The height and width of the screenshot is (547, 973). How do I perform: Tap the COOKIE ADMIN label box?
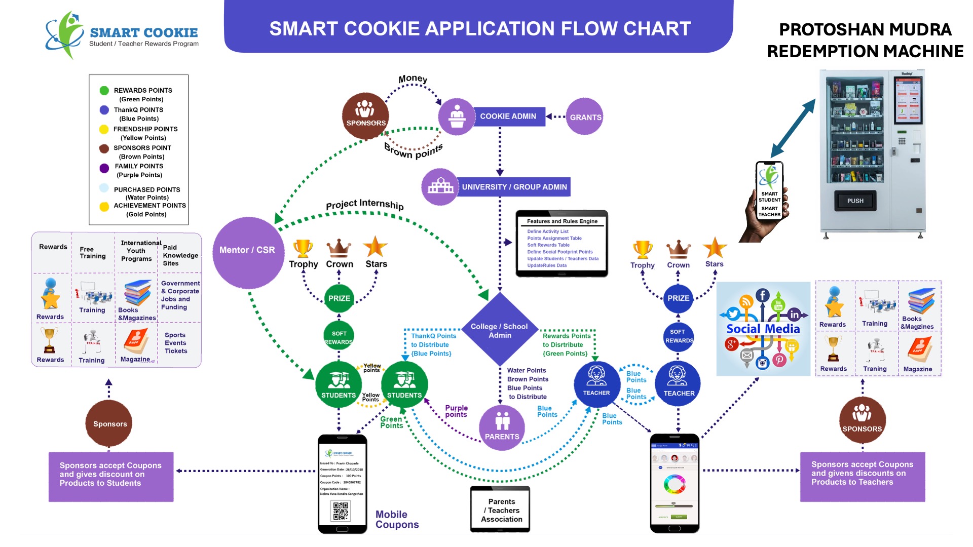(x=508, y=116)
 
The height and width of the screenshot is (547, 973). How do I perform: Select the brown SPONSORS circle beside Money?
(x=365, y=115)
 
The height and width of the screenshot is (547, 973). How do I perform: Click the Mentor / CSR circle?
(x=248, y=252)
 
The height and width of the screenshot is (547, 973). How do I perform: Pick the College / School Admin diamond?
(x=500, y=330)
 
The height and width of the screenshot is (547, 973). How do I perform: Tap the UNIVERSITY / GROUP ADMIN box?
(x=514, y=187)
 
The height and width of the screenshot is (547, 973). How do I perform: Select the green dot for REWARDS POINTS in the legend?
(x=104, y=91)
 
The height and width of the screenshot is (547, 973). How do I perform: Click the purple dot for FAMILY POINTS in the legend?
(x=104, y=168)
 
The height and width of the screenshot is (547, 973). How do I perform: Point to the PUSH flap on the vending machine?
(x=855, y=201)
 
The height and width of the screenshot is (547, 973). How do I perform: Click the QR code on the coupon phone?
(x=341, y=511)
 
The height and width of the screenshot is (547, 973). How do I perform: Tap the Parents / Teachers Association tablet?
(x=501, y=510)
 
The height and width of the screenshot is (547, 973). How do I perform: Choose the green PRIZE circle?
(x=339, y=298)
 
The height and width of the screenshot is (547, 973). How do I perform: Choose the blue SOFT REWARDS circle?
(x=678, y=336)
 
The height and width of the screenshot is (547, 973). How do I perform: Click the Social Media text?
(x=763, y=329)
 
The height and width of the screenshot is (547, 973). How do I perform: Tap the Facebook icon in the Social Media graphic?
(x=763, y=295)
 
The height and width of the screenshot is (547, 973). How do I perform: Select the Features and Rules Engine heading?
(x=562, y=221)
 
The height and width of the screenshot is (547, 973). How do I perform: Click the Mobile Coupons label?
(x=397, y=520)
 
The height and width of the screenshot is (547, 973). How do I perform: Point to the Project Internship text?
(x=364, y=205)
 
